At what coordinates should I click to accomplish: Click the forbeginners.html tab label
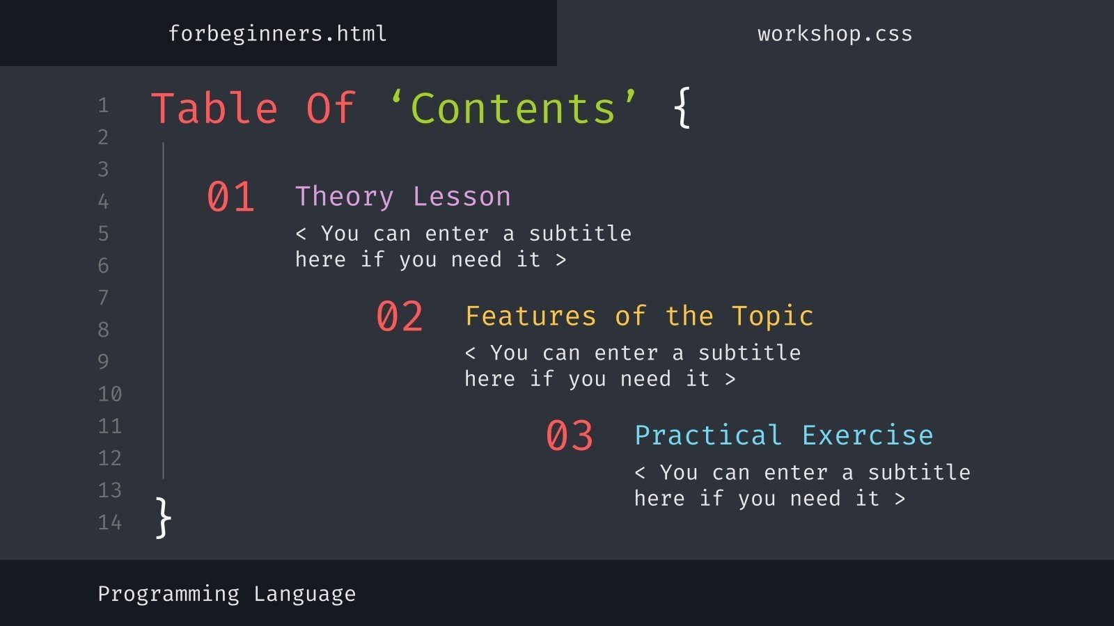click(x=277, y=33)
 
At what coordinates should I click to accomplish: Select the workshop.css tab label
click(x=835, y=33)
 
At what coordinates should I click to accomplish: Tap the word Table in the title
click(x=214, y=109)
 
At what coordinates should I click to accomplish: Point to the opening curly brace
click(x=682, y=108)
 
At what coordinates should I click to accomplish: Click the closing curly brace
click(x=163, y=517)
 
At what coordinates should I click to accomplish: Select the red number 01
click(x=230, y=197)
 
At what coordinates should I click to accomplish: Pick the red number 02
click(x=400, y=316)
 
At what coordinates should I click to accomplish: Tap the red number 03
click(x=570, y=436)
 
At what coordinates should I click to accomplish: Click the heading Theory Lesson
click(x=402, y=197)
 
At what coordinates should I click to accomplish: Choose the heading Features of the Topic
click(x=638, y=316)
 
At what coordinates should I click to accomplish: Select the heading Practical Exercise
click(x=783, y=435)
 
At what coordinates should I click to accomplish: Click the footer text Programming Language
click(x=226, y=594)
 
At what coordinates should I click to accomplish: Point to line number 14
click(x=110, y=522)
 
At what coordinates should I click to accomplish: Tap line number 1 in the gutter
click(x=103, y=106)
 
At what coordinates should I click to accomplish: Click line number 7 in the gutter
click(x=103, y=298)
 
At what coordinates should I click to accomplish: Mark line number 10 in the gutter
click(x=110, y=394)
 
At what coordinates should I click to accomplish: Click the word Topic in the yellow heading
click(x=772, y=317)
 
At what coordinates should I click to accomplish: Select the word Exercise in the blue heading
click(x=867, y=435)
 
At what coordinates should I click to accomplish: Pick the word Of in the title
click(x=331, y=109)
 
